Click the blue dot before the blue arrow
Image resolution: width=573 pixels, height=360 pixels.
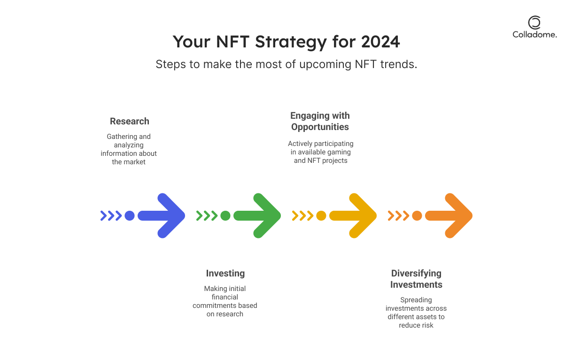(130, 215)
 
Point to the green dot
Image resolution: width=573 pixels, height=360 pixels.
(225, 215)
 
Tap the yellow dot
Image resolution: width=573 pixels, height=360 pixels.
(321, 215)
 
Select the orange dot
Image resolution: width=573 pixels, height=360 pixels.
(417, 215)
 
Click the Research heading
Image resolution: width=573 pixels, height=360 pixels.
(130, 121)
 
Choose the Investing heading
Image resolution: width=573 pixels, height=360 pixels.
(225, 273)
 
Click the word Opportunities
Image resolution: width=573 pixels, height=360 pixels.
(320, 127)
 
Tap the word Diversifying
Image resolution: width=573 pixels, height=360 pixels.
(416, 273)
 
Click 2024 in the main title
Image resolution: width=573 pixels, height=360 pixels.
(380, 42)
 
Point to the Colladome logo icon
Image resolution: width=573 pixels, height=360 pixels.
(534, 23)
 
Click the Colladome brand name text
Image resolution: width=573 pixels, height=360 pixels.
(534, 35)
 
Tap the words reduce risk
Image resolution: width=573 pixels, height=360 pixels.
(416, 325)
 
